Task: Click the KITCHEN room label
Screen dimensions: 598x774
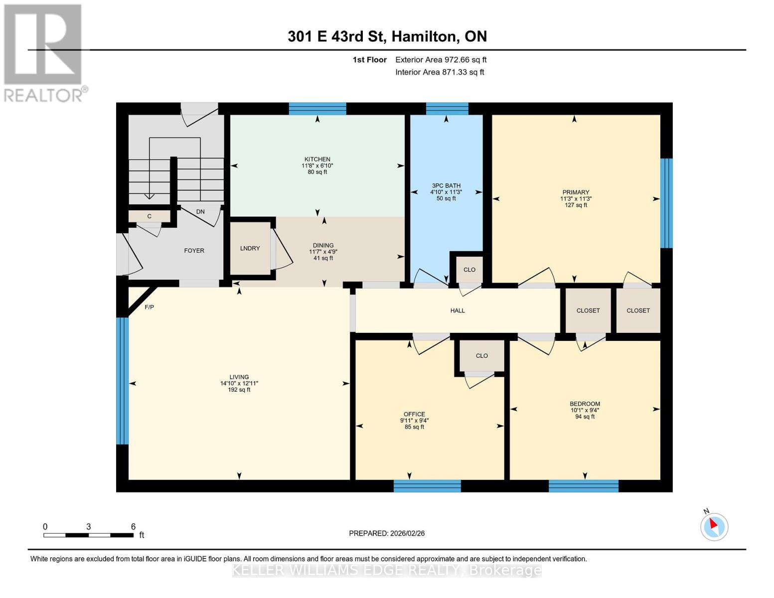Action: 317,159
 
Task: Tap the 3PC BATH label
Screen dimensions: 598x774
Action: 446,185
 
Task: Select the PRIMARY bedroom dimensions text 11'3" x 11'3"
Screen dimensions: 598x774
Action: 576,199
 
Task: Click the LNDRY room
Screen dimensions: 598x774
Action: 250,248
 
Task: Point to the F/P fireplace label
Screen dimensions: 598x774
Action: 149,307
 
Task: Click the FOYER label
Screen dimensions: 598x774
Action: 194,251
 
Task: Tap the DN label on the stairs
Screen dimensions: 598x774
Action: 200,212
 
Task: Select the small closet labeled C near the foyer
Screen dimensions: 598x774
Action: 149,216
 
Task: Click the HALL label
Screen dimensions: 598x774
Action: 457,310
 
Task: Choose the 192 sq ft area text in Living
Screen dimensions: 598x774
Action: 239,390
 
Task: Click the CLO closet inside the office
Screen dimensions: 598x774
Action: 481,356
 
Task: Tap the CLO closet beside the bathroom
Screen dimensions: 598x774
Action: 469,270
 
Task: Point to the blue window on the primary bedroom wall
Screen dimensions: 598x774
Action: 666,203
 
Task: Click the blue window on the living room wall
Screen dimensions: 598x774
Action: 122,381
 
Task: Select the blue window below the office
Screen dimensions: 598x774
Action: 427,486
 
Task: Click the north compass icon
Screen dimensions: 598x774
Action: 714,526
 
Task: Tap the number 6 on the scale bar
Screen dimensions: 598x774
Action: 133,526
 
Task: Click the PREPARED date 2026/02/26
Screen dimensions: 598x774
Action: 387,533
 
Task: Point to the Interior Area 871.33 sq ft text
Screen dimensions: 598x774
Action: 440,72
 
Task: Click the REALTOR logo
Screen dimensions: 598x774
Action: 44,52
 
